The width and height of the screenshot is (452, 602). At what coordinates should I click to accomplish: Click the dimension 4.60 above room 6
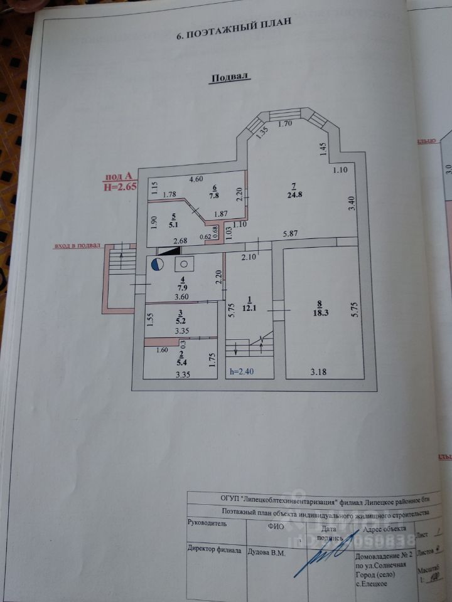click(198, 179)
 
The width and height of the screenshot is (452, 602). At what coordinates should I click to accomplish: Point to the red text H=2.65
click(120, 186)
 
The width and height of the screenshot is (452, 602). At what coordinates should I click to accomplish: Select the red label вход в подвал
click(77, 246)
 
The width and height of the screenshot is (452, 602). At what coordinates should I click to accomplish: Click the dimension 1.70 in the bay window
click(285, 124)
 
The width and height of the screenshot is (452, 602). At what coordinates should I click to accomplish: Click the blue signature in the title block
click(330, 549)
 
